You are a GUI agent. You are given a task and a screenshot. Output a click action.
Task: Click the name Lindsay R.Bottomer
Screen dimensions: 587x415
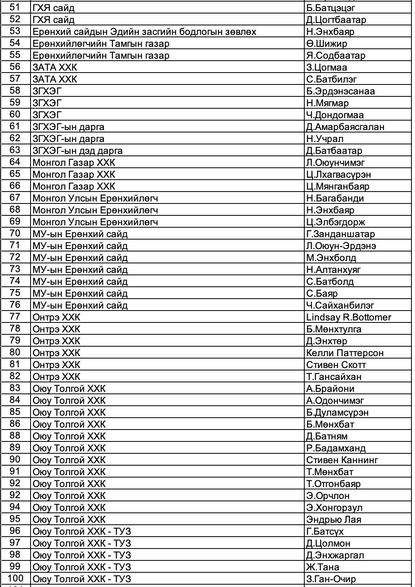click(348, 317)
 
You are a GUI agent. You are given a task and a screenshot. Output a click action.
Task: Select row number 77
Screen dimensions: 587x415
click(15, 317)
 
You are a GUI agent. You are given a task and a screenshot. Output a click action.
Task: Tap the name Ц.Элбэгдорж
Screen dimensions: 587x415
click(335, 222)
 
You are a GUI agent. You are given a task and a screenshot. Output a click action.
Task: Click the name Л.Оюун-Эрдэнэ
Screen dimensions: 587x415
click(341, 246)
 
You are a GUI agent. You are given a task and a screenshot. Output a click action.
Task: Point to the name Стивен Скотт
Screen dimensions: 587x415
click(336, 365)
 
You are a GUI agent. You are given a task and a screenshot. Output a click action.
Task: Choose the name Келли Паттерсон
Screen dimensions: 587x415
click(344, 353)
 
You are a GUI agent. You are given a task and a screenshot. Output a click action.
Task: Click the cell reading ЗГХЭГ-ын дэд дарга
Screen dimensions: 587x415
click(77, 151)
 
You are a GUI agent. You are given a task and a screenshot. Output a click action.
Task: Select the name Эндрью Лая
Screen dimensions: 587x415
click(333, 520)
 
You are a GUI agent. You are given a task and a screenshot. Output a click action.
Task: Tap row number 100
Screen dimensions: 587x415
click(15, 579)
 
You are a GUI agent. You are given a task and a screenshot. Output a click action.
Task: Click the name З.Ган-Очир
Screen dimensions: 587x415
click(331, 579)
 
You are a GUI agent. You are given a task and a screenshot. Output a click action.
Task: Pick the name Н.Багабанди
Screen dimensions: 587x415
click(335, 198)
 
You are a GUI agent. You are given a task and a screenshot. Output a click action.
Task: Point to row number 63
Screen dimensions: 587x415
click(15, 150)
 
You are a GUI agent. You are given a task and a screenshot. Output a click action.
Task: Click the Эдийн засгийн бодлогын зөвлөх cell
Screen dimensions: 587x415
click(144, 32)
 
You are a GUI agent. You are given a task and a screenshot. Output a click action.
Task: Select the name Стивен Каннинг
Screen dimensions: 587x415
click(342, 460)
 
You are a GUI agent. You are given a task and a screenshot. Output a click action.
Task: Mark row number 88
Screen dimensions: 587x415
click(15, 436)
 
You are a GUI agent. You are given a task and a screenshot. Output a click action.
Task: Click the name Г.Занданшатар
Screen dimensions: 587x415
click(340, 234)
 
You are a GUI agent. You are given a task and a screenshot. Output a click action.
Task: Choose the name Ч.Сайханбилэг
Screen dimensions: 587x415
click(340, 305)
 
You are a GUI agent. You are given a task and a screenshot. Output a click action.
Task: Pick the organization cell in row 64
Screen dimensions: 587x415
click(74, 163)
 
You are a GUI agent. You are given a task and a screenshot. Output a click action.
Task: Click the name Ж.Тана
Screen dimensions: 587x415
click(323, 567)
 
